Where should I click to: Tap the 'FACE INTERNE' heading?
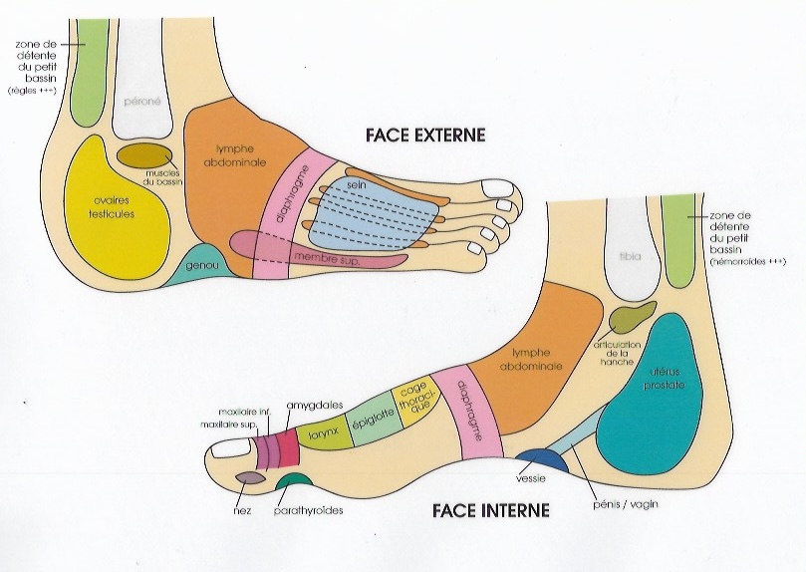pyautogui.click(x=490, y=511)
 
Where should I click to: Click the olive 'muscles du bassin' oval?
pyautogui.click(x=142, y=155)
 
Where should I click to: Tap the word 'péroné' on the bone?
pyautogui.click(x=136, y=102)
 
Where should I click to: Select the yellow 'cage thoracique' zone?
pyautogui.click(x=411, y=401)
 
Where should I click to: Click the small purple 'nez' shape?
pyautogui.click(x=248, y=479)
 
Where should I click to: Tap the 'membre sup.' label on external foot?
pyautogui.click(x=329, y=261)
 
